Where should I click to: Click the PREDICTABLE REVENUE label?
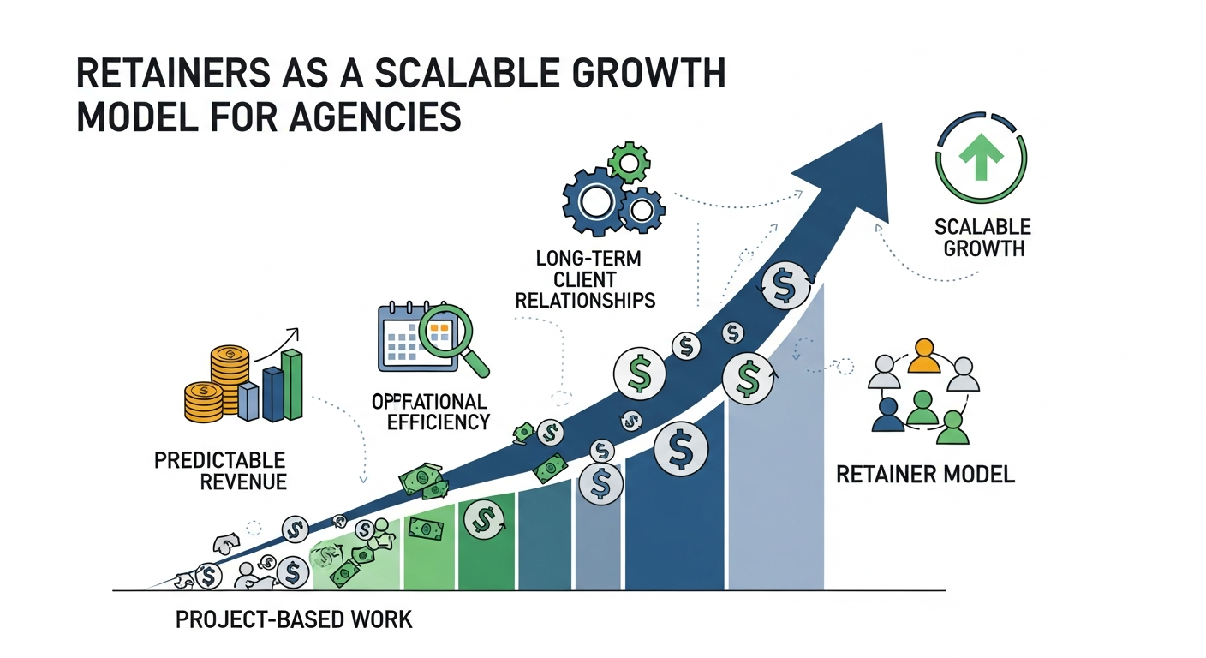click(x=220, y=470)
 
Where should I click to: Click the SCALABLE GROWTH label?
click(x=982, y=238)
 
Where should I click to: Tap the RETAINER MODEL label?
click(x=925, y=474)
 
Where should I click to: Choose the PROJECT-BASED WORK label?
click(x=294, y=619)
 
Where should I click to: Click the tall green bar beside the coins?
click(x=292, y=385)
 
